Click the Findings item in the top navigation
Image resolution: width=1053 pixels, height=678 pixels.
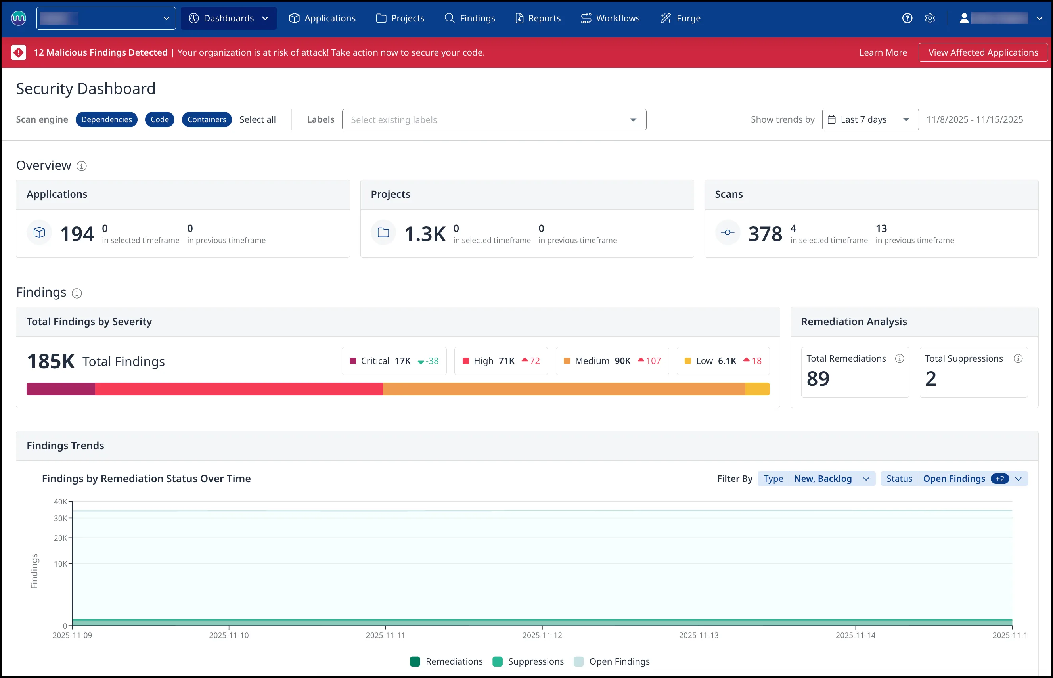click(470, 18)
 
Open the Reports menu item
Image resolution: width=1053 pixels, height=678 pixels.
click(538, 18)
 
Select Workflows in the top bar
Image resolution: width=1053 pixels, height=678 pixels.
click(610, 18)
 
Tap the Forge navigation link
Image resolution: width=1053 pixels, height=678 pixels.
click(681, 18)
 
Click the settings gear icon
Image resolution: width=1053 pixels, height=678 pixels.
click(930, 18)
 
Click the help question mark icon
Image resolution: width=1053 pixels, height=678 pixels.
click(907, 18)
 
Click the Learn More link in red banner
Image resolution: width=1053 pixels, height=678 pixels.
click(883, 52)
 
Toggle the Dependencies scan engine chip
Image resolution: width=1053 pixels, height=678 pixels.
click(107, 119)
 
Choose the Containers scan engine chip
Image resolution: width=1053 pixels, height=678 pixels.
click(207, 119)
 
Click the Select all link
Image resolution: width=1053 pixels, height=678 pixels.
click(258, 119)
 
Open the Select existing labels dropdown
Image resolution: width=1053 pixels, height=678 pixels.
click(494, 120)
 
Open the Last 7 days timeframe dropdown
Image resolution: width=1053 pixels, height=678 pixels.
click(870, 119)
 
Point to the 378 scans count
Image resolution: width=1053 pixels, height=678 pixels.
click(765, 234)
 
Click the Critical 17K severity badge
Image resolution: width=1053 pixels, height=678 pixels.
click(394, 361)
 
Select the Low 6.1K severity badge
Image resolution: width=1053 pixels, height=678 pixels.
click(723, 361)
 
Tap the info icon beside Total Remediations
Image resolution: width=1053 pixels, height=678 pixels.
click(899, 358)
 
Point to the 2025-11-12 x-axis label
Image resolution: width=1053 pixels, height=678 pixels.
click(542, 635)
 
